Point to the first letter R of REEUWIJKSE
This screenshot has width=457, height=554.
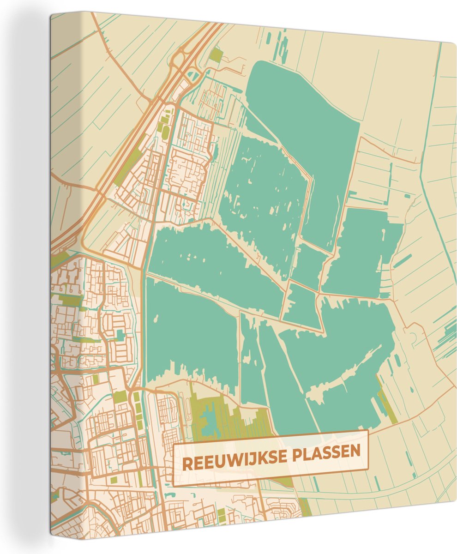187,464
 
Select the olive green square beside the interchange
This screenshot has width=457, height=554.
216,55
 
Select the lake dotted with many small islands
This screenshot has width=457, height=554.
263,199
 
